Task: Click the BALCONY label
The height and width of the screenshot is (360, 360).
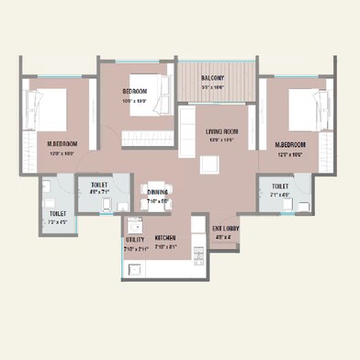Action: click(213, 78)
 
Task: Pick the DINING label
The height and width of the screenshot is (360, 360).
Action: click(157, 192)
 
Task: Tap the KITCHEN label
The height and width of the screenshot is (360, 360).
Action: click(165, 238)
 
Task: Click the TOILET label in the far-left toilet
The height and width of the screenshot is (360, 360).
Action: click(57, 214)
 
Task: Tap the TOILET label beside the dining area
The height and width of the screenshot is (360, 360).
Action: click(100, 185)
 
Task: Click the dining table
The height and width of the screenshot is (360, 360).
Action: click(157, 184)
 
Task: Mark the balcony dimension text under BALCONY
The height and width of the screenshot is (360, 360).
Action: click(213, 86)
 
